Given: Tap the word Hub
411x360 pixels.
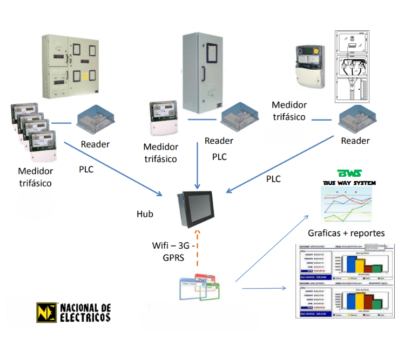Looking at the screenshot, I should click(x=145, y=214).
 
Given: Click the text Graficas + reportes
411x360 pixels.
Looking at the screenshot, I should click(x=346, y=233).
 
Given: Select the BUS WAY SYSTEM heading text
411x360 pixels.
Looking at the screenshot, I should click(x=349, y=184).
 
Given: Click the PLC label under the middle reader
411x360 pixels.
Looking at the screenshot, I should click(x=219, y=157).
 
